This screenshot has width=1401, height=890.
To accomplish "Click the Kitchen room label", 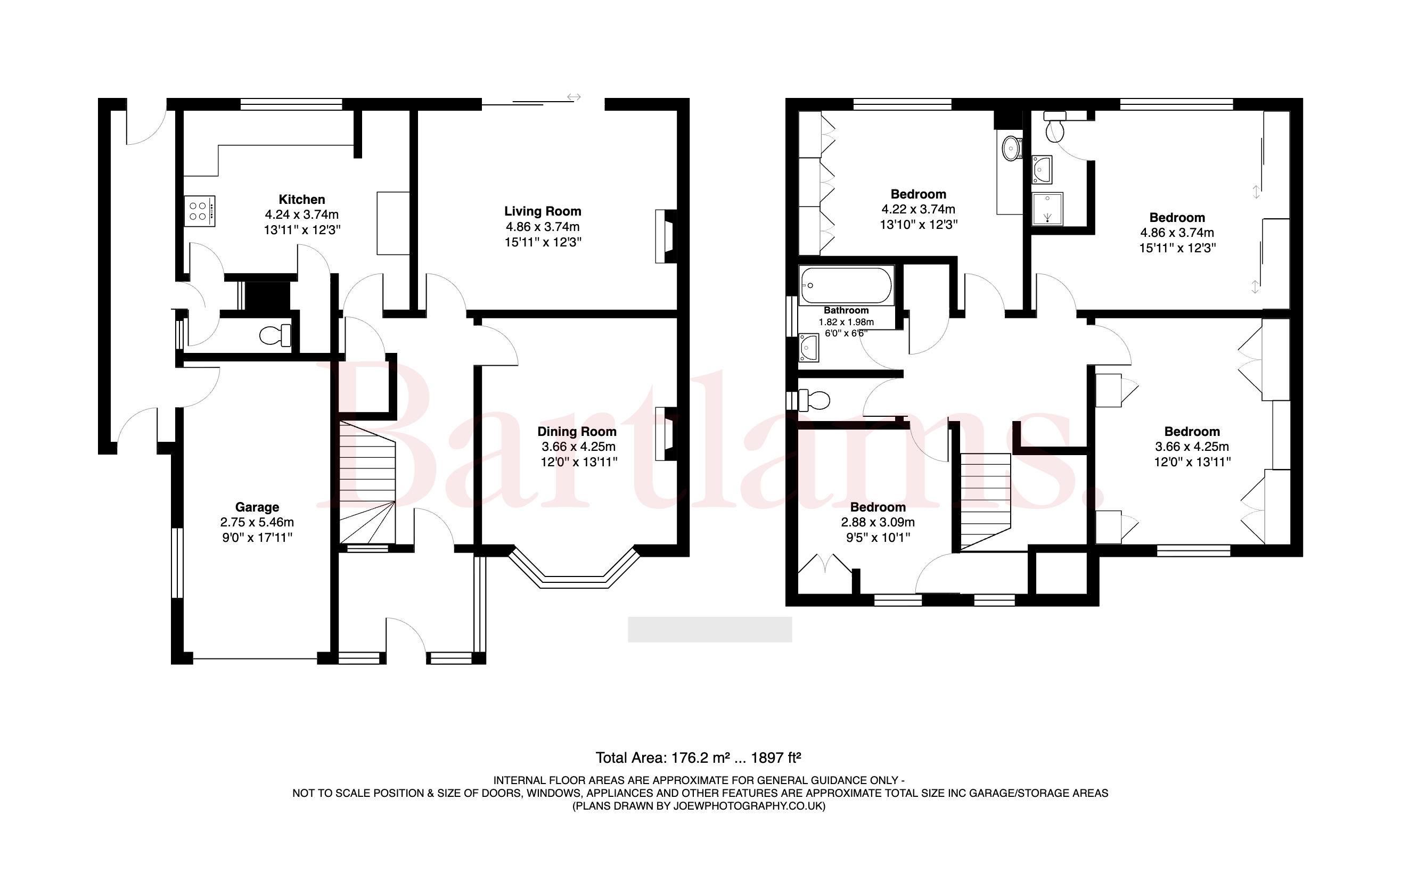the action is tap(301, 200).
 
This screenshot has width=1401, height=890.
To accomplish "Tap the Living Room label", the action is tap(543, 212).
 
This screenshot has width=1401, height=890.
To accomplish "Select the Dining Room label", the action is tap(577, 432).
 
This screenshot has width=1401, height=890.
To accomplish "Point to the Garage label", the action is tap(257, 507).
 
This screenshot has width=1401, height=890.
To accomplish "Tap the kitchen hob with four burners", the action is tap(200, 211).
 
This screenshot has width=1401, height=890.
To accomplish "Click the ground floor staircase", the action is tap(367, 483).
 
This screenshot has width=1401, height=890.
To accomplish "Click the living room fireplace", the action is tap(666, 236).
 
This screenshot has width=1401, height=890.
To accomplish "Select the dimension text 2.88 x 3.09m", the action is tap(878, 522).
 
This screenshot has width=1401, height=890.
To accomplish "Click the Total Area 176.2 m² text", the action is tap(698, 758).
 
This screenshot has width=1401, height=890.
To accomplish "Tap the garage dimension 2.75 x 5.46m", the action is tap(257, 522).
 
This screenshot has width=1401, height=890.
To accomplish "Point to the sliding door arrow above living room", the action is tap(573, 97).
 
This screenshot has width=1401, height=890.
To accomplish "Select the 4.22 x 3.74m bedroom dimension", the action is tap(918, 209).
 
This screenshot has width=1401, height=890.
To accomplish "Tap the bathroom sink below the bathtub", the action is tap(809, 347).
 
